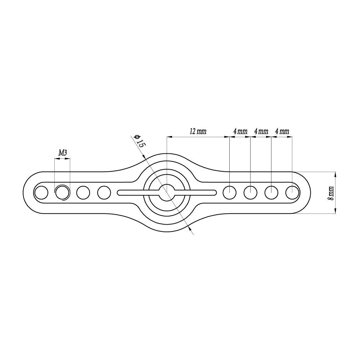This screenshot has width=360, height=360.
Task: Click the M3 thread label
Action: click(63, 153)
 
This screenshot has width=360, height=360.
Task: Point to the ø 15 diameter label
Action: click(139, 141)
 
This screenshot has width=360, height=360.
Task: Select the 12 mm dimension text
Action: click(198, 131)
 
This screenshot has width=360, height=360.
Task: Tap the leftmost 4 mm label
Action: click(240, 131)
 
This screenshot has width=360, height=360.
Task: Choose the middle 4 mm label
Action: click(261, 131)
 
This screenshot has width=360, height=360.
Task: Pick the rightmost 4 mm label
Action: click(282, 131)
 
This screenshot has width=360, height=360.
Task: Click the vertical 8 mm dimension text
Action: click(331, 193)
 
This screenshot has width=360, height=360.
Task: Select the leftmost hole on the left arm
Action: click(41, 193)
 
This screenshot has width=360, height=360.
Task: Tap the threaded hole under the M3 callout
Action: click(62, 193)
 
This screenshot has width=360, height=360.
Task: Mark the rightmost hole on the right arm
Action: click(292, 193)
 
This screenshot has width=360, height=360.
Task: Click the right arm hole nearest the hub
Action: click(229, 193)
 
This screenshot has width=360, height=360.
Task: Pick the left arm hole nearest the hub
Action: click(104, 193)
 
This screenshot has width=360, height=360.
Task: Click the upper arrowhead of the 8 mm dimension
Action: click(336, 175)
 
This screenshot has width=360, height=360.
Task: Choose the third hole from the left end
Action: click(83, 193)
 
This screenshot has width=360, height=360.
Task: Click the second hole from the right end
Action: click(271, 193)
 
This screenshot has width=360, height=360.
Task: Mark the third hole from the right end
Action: click(250, 193)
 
